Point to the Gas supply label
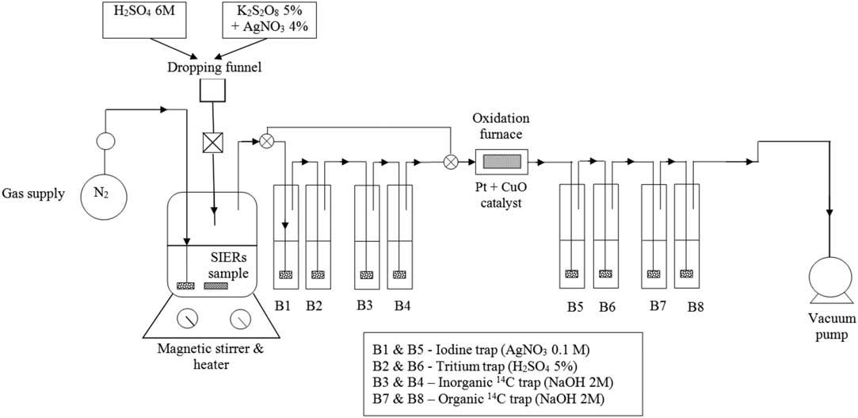32,194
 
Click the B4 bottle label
402,304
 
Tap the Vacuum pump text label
829,327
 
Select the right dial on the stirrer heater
238,320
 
